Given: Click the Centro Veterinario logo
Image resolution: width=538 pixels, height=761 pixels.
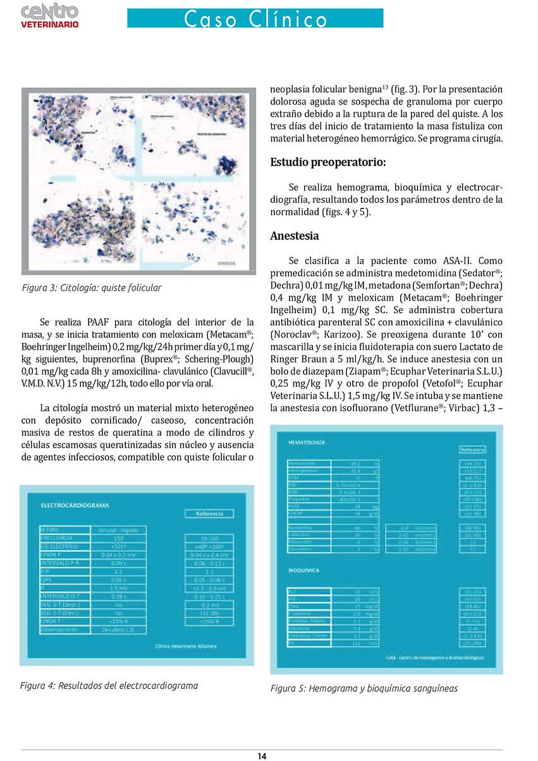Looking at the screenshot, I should [x=50, y=15].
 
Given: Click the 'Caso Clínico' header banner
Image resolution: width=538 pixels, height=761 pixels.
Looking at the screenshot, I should [x=255, y=18].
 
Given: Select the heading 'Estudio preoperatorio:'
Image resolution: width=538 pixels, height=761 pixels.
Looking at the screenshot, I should [x=327, y=162].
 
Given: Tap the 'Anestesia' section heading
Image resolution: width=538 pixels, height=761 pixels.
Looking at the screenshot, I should [x=294, y=236].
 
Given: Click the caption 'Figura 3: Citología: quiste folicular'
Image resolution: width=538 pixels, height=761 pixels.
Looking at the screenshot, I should [x=92, y=288].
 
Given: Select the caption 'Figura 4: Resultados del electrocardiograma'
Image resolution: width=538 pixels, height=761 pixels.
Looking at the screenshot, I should [x=109, y=685].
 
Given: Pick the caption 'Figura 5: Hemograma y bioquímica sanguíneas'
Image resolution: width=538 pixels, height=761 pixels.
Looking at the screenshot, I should [x=364, y=688].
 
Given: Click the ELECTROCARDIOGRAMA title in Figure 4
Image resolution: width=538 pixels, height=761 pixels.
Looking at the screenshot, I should [x=75, y=505].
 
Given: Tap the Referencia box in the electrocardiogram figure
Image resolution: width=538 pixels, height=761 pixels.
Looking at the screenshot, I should [x=209, y=513].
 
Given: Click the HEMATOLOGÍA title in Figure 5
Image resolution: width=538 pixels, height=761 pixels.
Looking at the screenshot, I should [x=307, y=443].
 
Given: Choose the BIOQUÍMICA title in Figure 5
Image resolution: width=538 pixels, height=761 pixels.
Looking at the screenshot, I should [x=305, y=570].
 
